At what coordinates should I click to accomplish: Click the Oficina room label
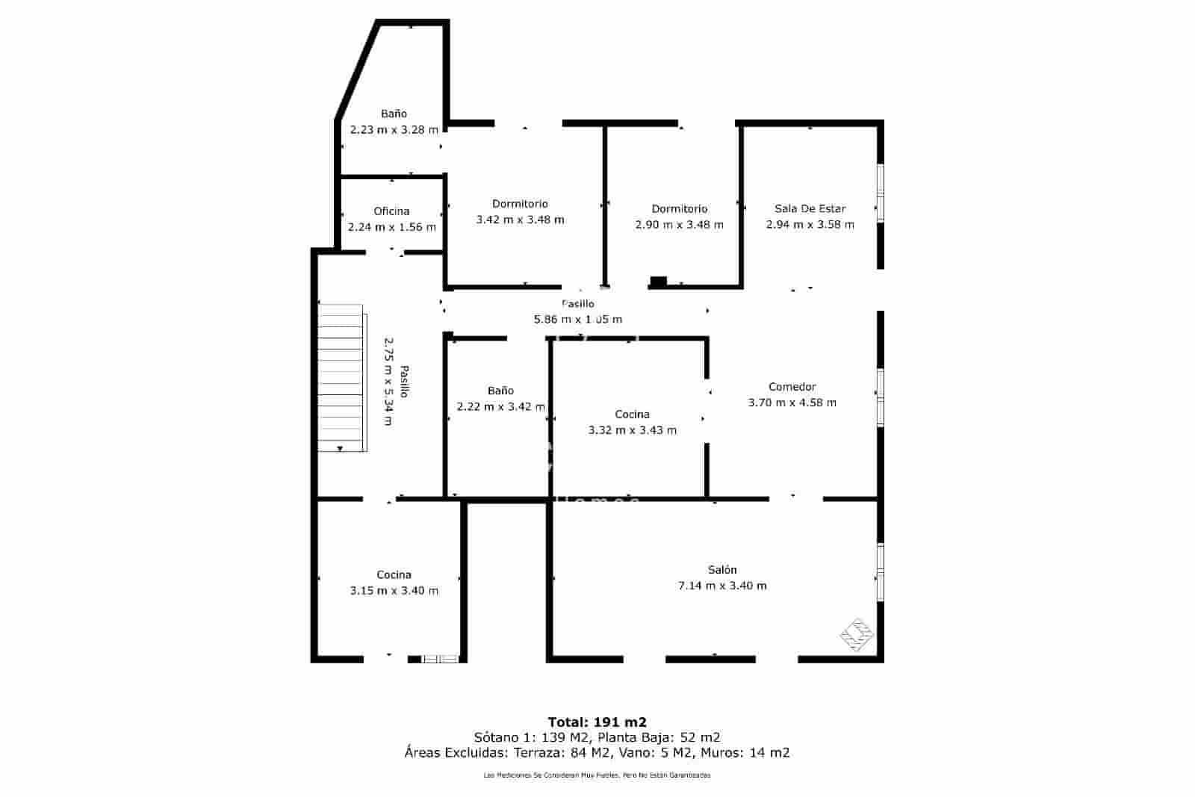391,211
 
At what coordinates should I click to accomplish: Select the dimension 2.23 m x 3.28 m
394,130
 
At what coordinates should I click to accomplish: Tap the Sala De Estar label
810,209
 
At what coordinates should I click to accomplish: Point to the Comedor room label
792,387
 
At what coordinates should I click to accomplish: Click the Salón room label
721,570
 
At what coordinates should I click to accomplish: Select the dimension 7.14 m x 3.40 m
721,586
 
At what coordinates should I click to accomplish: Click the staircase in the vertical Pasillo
341,378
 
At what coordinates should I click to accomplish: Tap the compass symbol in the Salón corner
857,635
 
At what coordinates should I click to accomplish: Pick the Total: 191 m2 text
597,722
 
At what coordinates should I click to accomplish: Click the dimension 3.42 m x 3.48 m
520,220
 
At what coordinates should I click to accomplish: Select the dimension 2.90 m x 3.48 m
679,225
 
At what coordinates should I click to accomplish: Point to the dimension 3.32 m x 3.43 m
632,430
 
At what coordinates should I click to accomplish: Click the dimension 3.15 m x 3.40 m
394,591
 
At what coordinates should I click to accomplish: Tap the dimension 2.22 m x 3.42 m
500,407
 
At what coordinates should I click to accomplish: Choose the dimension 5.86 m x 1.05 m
577,320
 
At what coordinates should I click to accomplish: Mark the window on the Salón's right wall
880,571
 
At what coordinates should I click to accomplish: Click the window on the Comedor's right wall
880,397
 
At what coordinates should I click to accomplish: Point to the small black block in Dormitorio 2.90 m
658,281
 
